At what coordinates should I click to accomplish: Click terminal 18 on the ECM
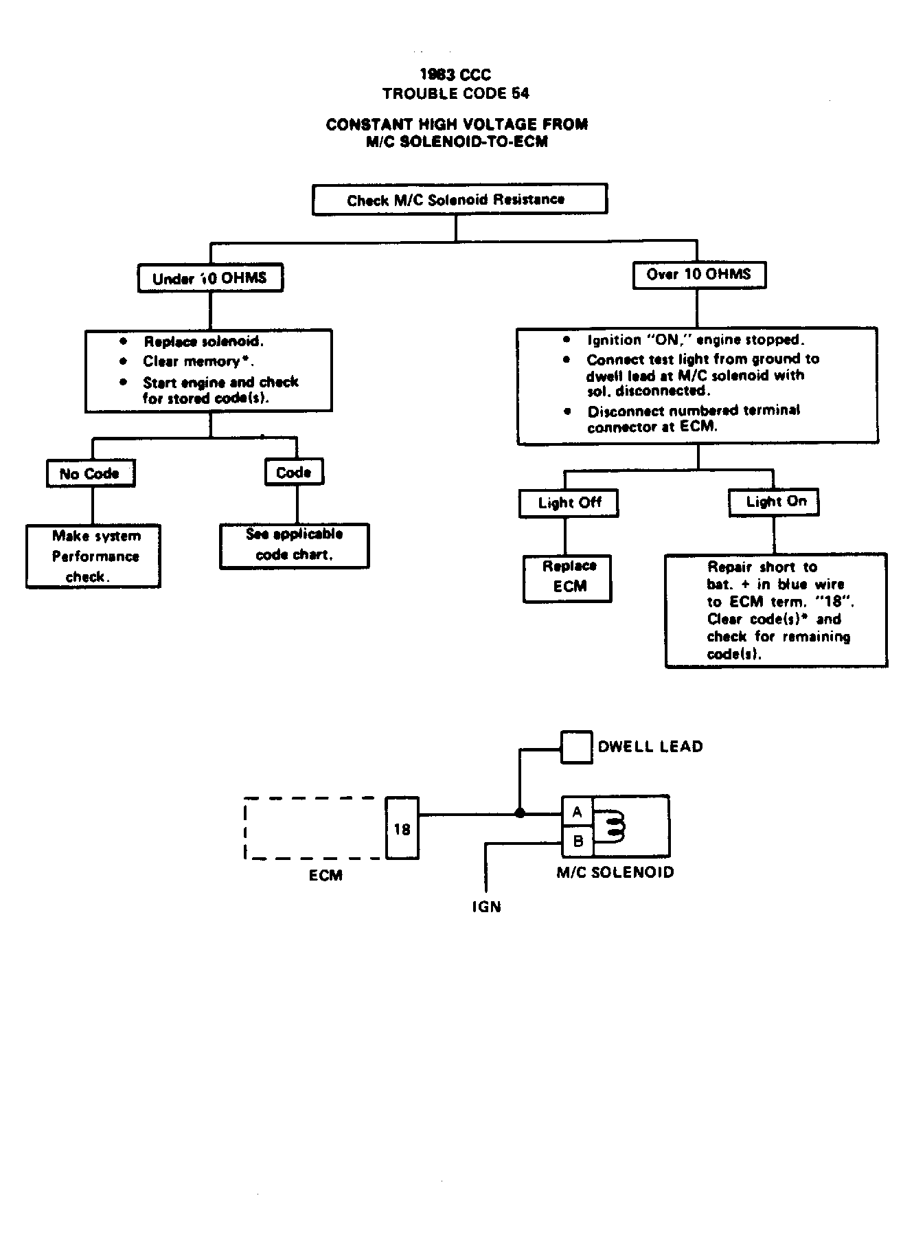pyautogui.click(x=402, y=828)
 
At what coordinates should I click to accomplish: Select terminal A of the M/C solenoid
pyautogui.click(x=578, y=812)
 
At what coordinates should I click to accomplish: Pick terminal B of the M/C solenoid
pyautogui.click(x=578, y=841)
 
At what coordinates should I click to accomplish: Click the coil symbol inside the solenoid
pyautogui.click(x=613, y=826)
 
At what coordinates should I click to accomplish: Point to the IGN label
pyautogui.click(x=486, y=907)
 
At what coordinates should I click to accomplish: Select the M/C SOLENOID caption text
pyautogui.click(x=615, y=872)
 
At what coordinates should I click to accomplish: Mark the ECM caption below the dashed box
pyautogui.click(x=325, y=875)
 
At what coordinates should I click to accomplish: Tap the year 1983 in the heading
pyautogui.click(x=435, y=74)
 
